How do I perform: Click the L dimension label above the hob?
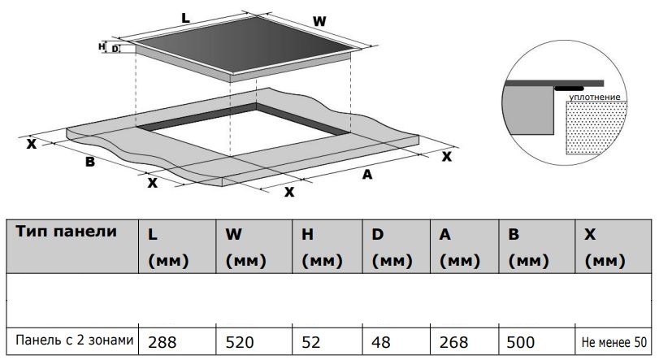(x=185, y=18)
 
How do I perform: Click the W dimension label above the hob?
(x=319, y=21)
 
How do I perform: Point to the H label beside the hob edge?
(x=102, y=46)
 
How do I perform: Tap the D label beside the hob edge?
(x=115, y=49)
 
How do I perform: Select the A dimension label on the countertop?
(x=367, y=174)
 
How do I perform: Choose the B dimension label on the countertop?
(x=90, y=162)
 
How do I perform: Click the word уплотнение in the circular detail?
(x=595, y=97)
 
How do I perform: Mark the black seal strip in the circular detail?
(x=569, y=89)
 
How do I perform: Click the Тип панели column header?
(x=66, y=232)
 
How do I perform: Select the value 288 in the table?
(x=163, y=342)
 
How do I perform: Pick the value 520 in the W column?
(x=240, y=342)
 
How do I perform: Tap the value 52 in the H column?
(x=311, y=342)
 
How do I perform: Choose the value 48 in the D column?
(x=381, y=342)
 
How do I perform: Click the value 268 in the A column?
(x=454, y=342)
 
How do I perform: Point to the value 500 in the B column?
(x=521, y=342)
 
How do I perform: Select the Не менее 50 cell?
(x=614, y=342)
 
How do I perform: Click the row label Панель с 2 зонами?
(x=75, y=340)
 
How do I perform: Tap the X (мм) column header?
(x=605, y=248)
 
